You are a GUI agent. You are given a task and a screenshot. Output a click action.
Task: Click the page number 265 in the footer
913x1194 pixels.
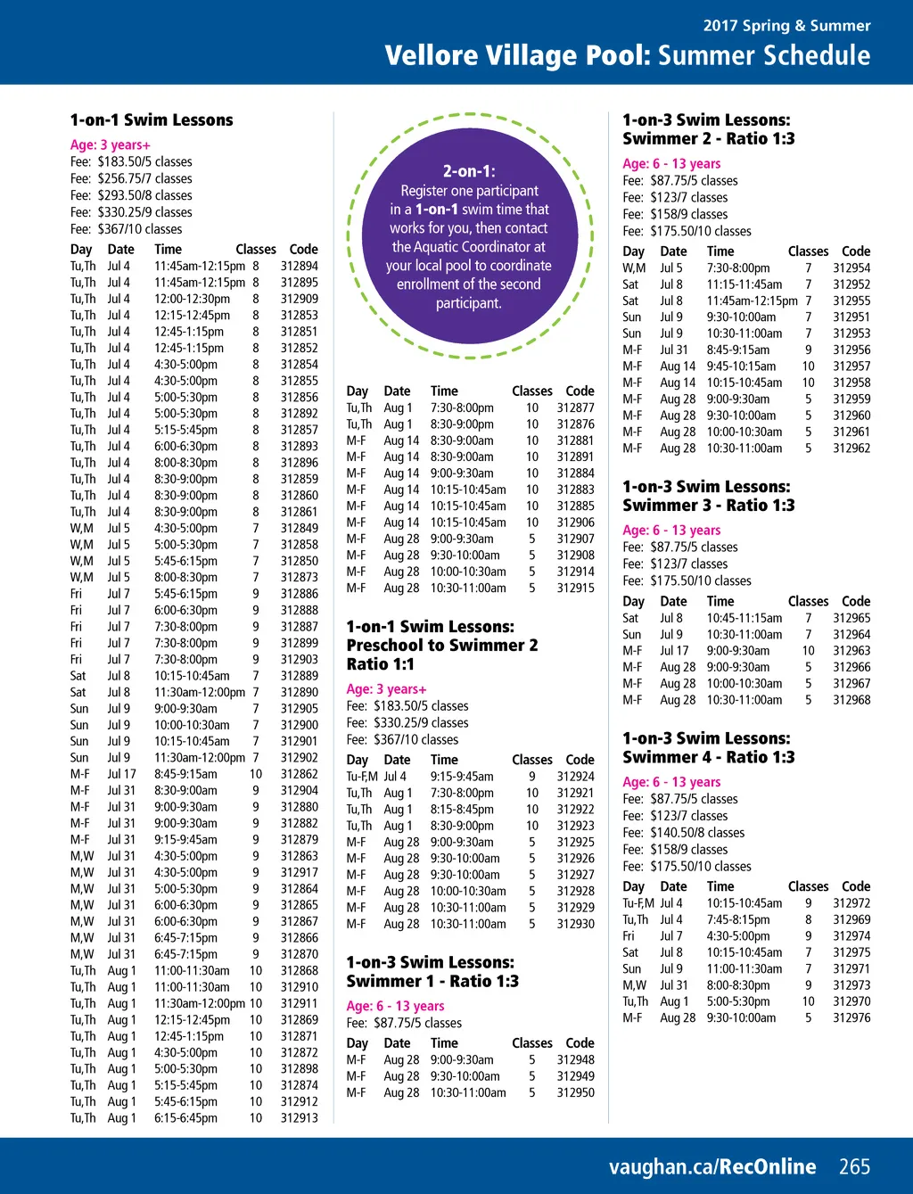click(x=854, y=1166)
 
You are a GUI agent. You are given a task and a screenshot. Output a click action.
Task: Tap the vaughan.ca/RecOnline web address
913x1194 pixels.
click(x=711, y=1166)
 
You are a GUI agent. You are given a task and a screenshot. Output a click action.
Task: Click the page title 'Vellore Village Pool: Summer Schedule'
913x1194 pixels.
click(x=627, y=56)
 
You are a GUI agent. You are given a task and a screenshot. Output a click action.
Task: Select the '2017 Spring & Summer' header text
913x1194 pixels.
click(x=786, y=26)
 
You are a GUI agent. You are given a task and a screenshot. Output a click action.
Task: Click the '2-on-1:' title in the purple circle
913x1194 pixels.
click(x=469, y=171)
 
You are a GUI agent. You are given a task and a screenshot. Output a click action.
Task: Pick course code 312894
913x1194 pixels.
click(x=299, y=266)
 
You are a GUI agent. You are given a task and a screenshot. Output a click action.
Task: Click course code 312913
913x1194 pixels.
click(x=299, y=1117)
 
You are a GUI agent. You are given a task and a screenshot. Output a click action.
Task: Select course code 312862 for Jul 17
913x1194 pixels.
click(x=299, y=774)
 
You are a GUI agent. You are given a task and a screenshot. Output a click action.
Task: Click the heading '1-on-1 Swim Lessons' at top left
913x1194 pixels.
click(x=152, y=120)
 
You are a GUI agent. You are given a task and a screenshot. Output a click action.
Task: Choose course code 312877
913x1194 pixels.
click(x=575, y=408)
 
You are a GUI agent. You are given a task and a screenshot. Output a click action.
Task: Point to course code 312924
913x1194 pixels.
click(x=575, y=777)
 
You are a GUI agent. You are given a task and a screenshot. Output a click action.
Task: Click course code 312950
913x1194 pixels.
click(x=575, y=1092)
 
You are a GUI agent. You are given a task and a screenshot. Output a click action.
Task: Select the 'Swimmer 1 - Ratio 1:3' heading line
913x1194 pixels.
click(x=432, y=981)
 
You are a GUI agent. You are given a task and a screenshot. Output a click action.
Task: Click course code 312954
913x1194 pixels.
click(x=851, y=268)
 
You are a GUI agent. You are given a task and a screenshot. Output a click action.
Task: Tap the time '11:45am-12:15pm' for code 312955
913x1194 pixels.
click(x=752, y=301)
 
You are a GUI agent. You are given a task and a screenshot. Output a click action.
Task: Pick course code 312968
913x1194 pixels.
click(x=851, y=700)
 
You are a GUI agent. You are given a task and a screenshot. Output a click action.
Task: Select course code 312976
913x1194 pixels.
click(x=851, y=1017)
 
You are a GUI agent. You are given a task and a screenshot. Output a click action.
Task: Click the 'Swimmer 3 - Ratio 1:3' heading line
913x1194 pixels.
click(x=708, y=506)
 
